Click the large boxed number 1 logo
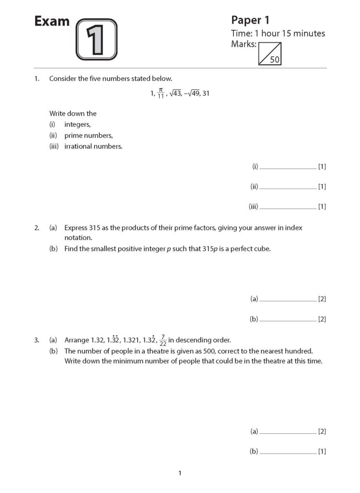click(x=96, y=39)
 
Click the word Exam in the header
click(x=52, y=22)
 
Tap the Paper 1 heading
click(x=250, y=20)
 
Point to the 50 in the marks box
click(x=275, y=60)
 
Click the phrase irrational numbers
click(x=93, y=146)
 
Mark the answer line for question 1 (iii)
click(x=287, y=208)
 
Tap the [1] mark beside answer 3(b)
click(x=322, y=452)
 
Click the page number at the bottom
click(x=180, y=474)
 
